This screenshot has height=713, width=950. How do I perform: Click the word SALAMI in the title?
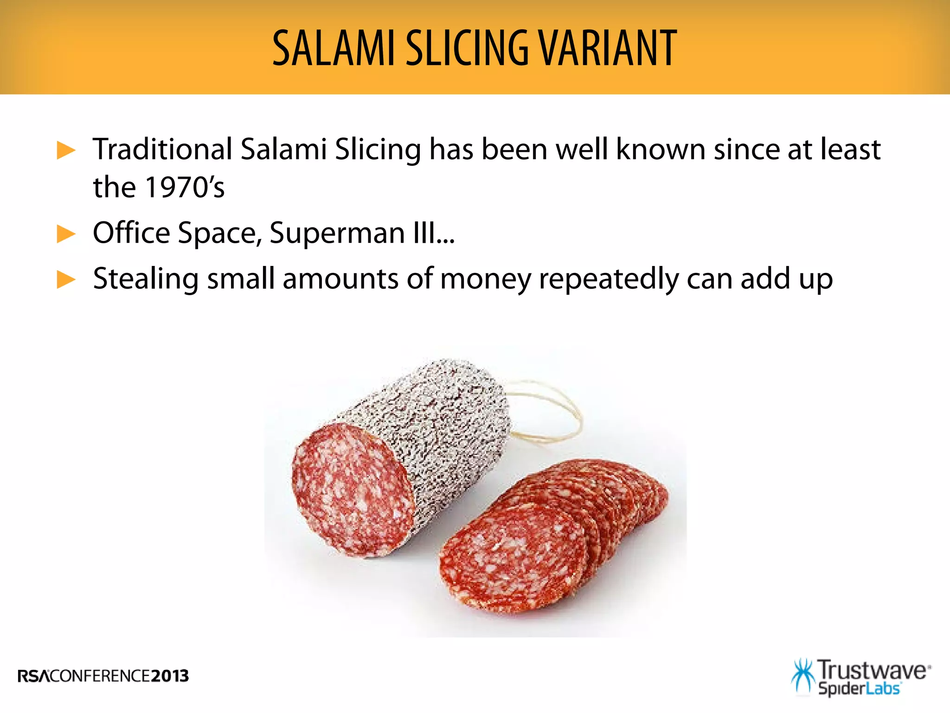(333, 48)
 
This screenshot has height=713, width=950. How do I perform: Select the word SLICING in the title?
(467, 48)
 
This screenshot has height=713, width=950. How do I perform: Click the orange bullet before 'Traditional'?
(66, 150)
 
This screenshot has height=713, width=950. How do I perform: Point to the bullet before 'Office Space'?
(66, 233)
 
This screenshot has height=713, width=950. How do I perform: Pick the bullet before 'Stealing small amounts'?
(66, 279)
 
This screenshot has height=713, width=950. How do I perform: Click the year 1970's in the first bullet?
(185, 187)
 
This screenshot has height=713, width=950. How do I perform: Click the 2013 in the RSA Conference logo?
(170, 676)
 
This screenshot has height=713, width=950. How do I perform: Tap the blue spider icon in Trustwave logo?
(803, 675)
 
